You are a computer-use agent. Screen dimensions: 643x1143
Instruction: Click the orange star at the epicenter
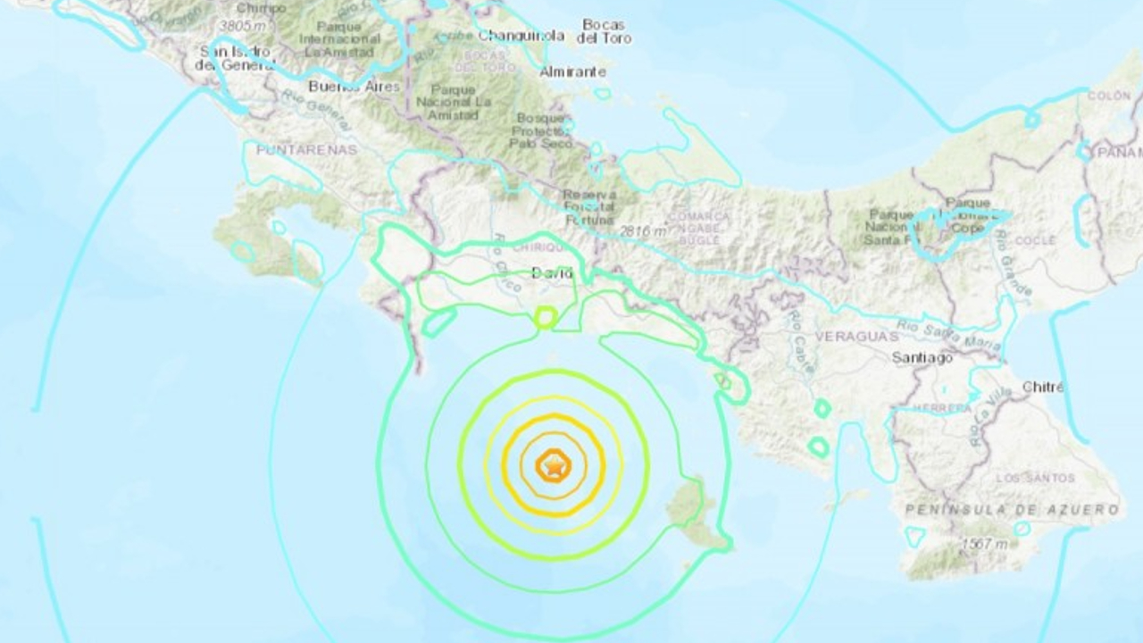click(x=554, y=465)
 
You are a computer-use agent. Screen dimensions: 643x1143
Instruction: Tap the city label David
click(x=552, y=273)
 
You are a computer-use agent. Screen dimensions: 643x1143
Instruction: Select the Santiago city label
click(x=922, y=357)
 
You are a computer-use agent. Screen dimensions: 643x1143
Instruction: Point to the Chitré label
click(x=1042, y=387)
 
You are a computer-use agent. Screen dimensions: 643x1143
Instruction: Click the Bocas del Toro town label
click(x=604, y=31)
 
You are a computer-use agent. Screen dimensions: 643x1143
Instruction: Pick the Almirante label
click(x=573, y=71)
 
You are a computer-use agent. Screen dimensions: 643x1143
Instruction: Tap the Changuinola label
click(x=521, y=36)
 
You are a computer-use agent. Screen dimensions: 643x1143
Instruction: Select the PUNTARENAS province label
click(x=306, y=149)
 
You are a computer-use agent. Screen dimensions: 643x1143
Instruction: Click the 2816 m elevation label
click(x=644, y=232)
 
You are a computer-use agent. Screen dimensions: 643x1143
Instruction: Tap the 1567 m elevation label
click(x=985, y=544)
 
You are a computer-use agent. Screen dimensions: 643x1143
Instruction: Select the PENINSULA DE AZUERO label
click(x=1012, y=509)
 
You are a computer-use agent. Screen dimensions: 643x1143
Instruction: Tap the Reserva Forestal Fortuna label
click(x=588, y=207)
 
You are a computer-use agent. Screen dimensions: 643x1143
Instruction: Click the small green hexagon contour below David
click(x=544, y=316)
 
